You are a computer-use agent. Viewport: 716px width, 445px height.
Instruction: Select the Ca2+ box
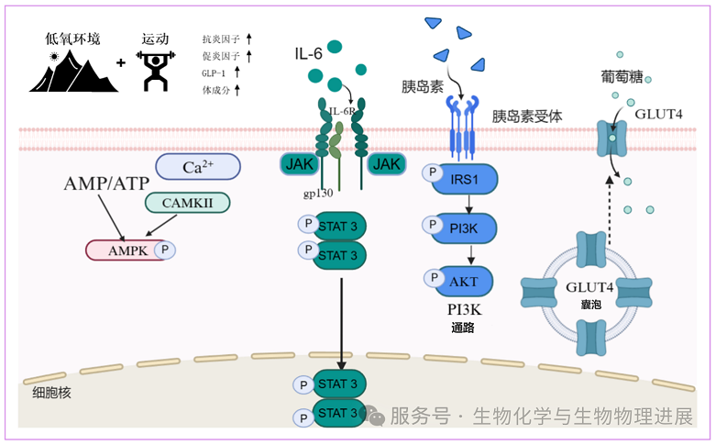[197, 167]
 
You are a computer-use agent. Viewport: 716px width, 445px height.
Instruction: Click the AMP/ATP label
[100, 184]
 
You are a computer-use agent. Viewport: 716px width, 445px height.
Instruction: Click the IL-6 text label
[308, 54]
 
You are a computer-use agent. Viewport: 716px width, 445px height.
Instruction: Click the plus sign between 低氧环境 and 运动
[121, 63]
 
